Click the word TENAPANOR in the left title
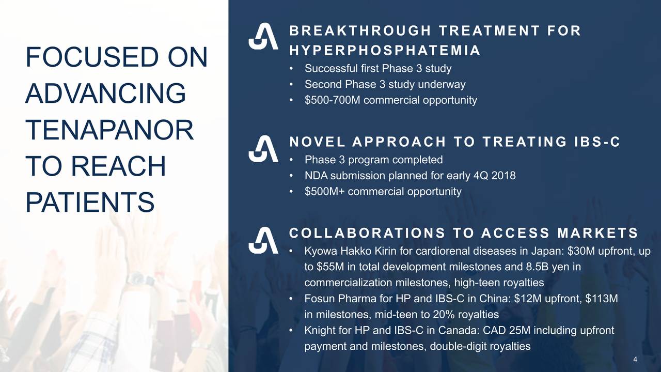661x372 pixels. tap(109, 130)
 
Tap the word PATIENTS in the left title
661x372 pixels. tap(90, 202)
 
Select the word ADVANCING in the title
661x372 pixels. tap(106, 94)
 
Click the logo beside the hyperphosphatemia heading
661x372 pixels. tap(263, 36)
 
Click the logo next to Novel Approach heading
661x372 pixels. tap(263, 149)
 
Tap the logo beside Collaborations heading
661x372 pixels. tap(263, 240)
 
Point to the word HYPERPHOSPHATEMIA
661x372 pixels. tap(385, 51)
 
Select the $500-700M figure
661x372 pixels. tap(333, 100)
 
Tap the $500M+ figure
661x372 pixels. tap(325, 192)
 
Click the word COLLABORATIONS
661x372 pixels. tap(367, 233)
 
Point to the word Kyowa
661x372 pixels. tap(321, 251)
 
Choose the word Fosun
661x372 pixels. tap(320, 299)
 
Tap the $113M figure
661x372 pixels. tap(602, 299)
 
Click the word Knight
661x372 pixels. tap(320, 330)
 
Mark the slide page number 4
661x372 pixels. tap(635, 359)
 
